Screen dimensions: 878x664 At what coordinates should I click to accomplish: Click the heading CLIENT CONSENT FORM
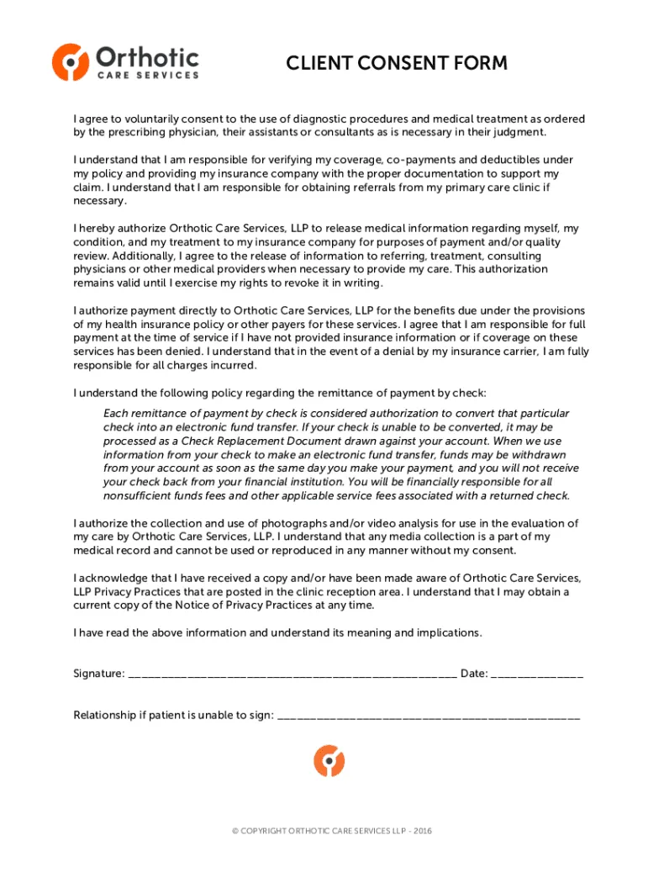click(x=397, y=63)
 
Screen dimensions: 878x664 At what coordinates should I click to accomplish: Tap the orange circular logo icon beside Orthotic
click(x=71, y=61)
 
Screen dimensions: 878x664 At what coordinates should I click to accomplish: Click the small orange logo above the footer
click(x=329, y=760)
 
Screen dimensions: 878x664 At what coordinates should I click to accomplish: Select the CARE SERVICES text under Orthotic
click(x=148, y=75)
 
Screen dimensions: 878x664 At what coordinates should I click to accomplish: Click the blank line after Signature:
click(x=292, y=674)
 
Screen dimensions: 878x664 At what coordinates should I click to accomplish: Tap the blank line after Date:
click(x=536, y=674)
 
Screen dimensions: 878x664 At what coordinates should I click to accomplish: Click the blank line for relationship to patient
click(x=428, y=717)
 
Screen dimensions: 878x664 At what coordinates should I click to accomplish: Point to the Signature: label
click(x=99, y=673)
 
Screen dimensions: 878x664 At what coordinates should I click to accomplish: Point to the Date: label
click(x=474, y=673)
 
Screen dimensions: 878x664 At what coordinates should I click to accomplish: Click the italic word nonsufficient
click(x=141, y=495)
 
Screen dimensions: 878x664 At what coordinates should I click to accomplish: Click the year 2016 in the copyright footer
click(x=421, y=831)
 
